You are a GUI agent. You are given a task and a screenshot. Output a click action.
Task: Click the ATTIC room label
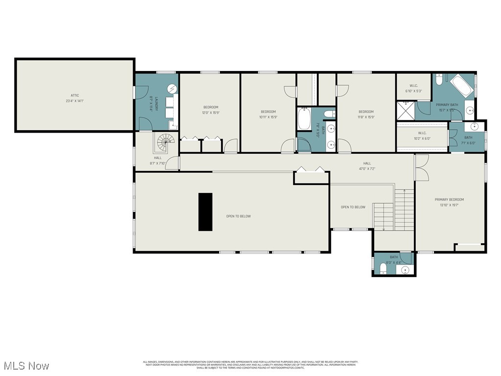(74, 95)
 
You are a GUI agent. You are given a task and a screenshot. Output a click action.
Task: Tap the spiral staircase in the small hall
(165, 143)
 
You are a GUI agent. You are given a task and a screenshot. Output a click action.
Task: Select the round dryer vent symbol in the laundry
(172, 89)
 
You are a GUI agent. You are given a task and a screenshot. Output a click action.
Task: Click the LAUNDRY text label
(157, 104)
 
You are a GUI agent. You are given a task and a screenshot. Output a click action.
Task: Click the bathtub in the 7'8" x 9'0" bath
(304, 119)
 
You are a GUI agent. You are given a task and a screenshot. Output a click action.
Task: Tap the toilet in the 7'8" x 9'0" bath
(331, 114)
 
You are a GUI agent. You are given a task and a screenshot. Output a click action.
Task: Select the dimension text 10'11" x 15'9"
(268, 117)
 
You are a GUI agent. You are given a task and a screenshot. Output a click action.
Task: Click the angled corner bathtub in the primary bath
(461, 86)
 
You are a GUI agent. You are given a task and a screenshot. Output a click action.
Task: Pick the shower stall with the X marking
(405, 110)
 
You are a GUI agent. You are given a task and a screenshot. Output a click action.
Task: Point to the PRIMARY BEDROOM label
(449, 199)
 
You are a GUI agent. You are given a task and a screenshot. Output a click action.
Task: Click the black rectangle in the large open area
(205, 211)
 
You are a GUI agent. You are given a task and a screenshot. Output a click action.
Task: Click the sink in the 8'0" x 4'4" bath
(405, 270)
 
